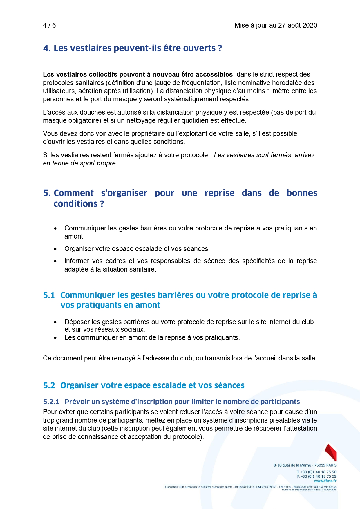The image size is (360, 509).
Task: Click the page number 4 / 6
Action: [x=49, y=25]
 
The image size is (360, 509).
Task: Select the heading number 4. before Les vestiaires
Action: [x=47, y=48]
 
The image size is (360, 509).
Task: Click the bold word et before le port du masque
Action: [x=79, y=99]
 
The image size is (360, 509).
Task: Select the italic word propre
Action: [x=108, y=163]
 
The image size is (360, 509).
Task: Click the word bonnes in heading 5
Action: [x=302, y=193]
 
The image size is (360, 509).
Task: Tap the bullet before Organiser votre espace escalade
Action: [x=55, y=249]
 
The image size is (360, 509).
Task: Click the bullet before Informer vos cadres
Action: [x=55, y=261]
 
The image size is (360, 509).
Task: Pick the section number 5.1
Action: [x=49, y=295]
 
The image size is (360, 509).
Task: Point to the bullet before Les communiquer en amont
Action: [x=55, y=338]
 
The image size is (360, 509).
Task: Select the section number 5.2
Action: [x=49, y=385]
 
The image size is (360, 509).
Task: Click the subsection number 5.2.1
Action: [x=51, y=402]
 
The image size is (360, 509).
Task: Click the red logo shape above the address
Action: [x=331, y=452]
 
